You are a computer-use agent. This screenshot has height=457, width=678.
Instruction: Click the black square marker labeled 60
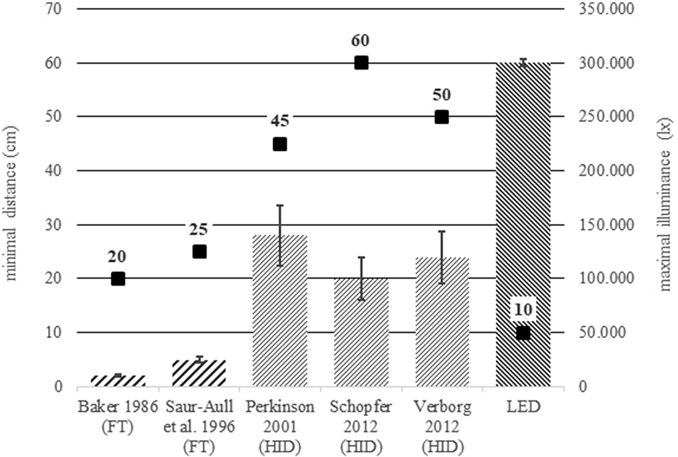tap(361, 63)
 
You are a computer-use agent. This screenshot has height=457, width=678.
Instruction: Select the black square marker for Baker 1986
tap(118, 279)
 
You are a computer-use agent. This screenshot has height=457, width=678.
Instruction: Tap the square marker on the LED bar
tap(523, 333)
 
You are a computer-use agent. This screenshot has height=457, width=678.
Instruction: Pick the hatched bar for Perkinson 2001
tap(280, 318)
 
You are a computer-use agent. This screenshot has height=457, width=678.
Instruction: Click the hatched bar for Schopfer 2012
tap(361, 339)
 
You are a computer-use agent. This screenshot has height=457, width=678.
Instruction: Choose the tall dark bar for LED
tap(523, 212)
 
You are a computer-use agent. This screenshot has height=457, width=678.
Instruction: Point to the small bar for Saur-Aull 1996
tap(199, 374)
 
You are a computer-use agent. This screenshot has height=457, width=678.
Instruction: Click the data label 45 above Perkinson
tap(280, 121)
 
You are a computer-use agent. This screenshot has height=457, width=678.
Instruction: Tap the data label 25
tap(199, 229)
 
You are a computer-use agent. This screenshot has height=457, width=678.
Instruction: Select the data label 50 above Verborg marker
tap(442, 95)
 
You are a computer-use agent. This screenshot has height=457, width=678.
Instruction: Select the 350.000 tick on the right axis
tap(602, 9)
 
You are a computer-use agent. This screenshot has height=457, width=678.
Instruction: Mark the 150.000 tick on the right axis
tap(602, 225)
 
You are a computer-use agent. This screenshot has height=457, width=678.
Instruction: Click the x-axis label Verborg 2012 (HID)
tap(442, 421)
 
